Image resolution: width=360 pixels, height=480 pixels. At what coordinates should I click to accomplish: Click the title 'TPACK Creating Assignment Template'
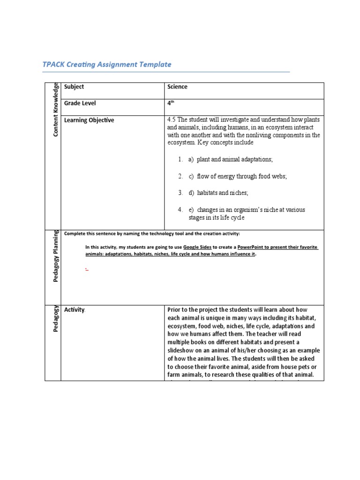107,65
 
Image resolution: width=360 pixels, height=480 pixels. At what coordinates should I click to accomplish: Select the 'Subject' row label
74,87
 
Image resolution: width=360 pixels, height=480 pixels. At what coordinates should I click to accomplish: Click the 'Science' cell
177,87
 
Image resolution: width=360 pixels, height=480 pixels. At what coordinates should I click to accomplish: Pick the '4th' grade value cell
171,104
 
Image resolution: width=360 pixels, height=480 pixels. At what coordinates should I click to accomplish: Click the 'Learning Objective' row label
89,120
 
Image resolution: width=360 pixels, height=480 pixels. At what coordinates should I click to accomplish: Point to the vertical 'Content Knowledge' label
56,109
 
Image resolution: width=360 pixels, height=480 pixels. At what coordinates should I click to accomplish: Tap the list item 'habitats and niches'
222,193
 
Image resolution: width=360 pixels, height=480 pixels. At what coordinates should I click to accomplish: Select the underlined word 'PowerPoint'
253,247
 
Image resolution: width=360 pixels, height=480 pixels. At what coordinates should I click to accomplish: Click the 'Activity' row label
75,310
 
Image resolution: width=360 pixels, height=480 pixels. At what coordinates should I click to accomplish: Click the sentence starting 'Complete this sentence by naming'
152,233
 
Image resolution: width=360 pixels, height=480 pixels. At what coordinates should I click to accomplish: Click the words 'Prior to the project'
193,310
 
